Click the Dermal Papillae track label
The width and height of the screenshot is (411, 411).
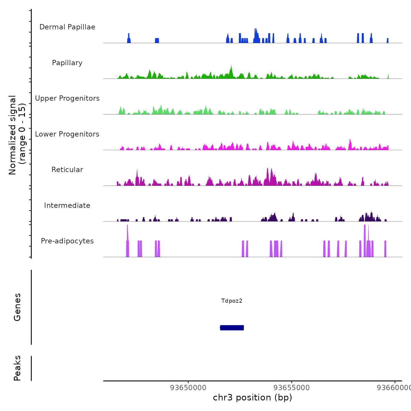coord(67,27)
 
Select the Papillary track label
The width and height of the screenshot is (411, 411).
coord(67,63)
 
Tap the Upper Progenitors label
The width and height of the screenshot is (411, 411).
coord(67,98)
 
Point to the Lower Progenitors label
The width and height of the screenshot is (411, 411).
coord(67,134)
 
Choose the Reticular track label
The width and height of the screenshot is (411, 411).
coord(67,170)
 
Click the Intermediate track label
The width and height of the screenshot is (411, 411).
coord(67,206)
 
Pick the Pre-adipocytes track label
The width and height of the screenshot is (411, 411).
coord(67,241)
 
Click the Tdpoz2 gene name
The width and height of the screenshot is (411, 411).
coord(232,301)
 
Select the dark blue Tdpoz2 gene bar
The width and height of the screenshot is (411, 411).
coord(232,328)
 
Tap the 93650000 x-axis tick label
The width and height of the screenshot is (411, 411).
coord(188,388)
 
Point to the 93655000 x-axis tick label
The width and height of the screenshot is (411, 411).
coord(292,388)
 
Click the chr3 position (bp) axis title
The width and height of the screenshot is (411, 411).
coord(252,397)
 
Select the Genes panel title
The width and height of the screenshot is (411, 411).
coord(17,307)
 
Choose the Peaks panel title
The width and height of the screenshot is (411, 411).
coord(17,368)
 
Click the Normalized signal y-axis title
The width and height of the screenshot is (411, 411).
coord(17,135)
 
